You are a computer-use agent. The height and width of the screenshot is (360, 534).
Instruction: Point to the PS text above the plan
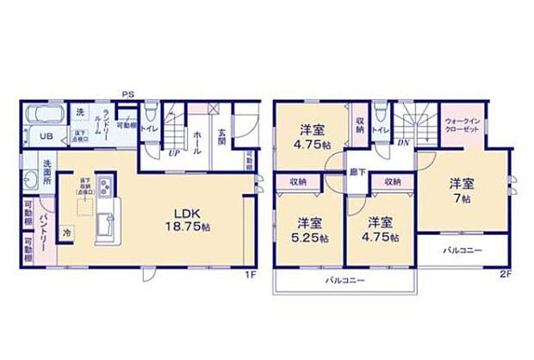point(127,94)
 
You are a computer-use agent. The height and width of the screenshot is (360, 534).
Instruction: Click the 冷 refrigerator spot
point(66,232)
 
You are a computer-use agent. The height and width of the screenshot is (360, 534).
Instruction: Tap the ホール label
point(197,136)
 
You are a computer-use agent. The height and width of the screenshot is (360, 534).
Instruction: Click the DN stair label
point(403,142)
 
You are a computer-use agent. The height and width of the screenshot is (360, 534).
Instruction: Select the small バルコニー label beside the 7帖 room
point(463,251)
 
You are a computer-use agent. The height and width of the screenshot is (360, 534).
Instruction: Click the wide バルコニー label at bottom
point(345,281)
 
